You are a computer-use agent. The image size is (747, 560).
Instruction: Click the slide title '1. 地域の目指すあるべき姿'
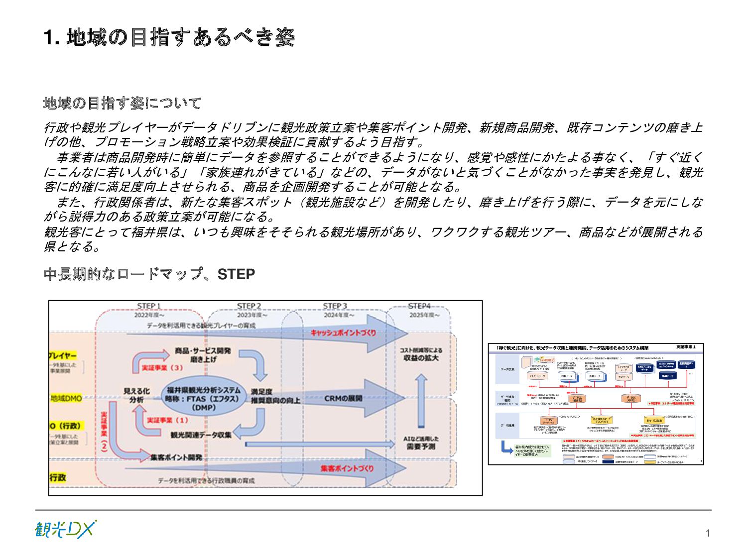[169, 38]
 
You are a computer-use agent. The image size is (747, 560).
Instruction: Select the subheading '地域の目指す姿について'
[123, 104]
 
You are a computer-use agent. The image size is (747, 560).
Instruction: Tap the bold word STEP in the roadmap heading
[236, 274]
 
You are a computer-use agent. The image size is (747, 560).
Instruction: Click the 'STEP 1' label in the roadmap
[149, 306]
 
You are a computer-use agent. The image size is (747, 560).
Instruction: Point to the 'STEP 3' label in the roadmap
[335, 306]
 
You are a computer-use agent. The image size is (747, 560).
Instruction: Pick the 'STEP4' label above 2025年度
[419, 306]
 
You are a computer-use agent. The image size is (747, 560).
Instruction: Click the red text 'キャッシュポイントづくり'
[343, 333]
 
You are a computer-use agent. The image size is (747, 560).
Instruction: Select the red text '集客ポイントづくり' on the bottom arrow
[347, 468]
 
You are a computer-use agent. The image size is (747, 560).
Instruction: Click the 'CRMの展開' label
[343, 398]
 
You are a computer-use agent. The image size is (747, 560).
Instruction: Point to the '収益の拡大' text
[421, 358]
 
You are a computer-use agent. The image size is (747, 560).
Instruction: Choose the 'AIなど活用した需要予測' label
[421, 443]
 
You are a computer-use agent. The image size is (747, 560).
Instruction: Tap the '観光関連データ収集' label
[201, 435]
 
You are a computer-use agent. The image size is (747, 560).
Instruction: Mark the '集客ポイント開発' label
[176, 457]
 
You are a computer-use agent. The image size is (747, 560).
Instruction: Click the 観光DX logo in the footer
[65, 530]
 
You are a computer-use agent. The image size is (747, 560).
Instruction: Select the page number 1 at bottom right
[708, 534]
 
